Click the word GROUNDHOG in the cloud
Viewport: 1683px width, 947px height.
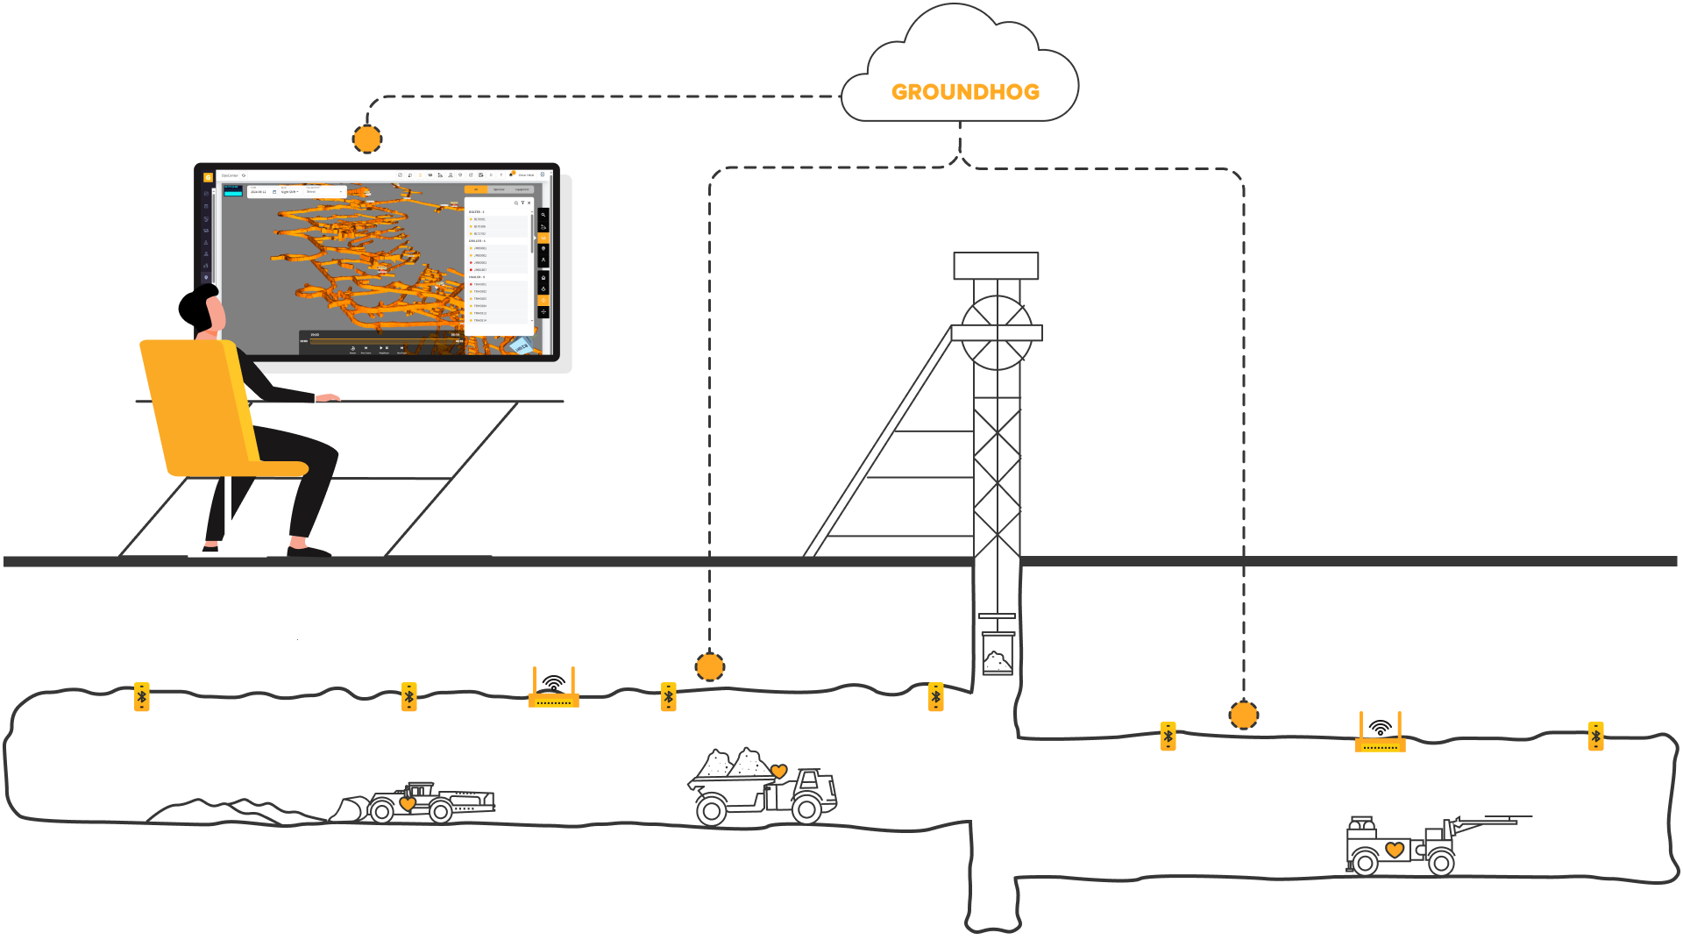pyautogui.click(x=965, y=92)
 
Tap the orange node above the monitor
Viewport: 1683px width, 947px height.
pyautogui.click(x=367, y=139)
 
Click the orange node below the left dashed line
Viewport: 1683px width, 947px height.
pyautogui.click(x=710, y=667)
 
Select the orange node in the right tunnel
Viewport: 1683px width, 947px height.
pyautogui.click(x=1243, y=716)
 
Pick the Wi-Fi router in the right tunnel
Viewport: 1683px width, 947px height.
pyautogui.click(x=1380, y=735)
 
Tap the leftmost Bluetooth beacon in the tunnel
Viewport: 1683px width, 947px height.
pyautogui.click(x=142, y=697)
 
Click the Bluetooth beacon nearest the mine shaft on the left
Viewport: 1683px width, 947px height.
pyautogui.click(x=936, y=697)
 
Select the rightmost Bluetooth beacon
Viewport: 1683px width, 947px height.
pyautogui.click(x=1596, y=737)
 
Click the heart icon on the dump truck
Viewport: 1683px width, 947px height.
pyautogui.click(x=779, y=772)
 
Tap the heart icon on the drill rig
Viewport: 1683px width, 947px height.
pyautogui.click(x=1395, y=850)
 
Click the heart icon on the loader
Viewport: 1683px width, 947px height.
pyautogui.click(x=408, y=803)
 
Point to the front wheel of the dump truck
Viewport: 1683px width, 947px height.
pyautogui.click(x=806, y=809)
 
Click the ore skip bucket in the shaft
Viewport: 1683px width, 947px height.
pyautogui.click(x=998, y=653)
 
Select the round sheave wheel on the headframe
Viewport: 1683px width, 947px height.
pyautogui.click(x=997, y=332)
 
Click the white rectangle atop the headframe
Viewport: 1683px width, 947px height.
pyautogui.click(x=996, y=266)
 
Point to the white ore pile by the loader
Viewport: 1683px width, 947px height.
pyautogui.click(x=228, y=812)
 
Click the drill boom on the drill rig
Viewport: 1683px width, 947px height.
pyautogui.click(x=1490, y=822)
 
